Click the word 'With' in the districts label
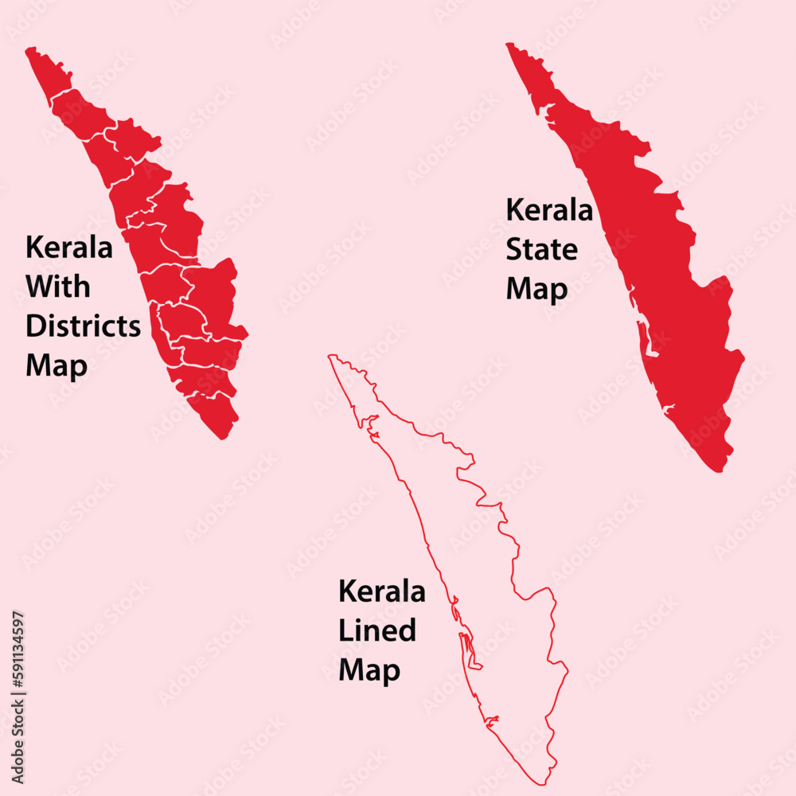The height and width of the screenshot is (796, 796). point(58,287)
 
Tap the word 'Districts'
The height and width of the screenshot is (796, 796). point(83,326)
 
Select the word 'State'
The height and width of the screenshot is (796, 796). point(542,250)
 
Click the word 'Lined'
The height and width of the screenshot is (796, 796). point(377,630)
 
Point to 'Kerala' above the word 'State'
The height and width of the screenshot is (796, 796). point(549,211)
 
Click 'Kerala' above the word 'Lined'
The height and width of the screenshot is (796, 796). point(382,591)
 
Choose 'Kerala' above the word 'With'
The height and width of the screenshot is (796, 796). point(69,247)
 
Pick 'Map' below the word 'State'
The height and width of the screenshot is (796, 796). point(537,289)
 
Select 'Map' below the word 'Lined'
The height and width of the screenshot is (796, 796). point(369,670)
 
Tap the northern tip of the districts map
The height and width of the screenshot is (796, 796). point(29,50)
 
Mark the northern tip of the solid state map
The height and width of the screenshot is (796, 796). point(509,45)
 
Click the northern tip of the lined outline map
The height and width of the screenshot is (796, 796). point(332,357)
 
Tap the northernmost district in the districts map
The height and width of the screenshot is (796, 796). point(49,74)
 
